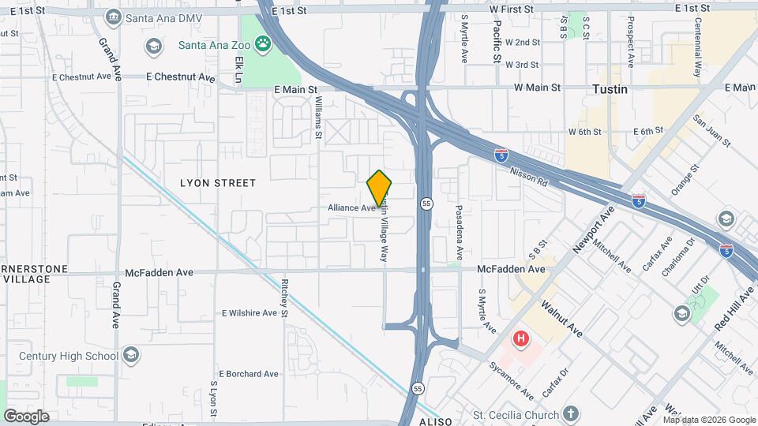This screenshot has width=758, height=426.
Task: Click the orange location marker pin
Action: click(380, 187)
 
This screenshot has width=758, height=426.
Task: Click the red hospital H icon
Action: click(521, 339)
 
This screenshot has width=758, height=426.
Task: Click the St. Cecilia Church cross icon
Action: click(571, 414)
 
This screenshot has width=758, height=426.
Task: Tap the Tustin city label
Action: click(610, 89)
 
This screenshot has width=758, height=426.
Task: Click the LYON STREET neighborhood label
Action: click(218, 183)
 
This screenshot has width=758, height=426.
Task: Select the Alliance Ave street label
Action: click(352, 207)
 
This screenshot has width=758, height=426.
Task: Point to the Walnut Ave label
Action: click(562, 318)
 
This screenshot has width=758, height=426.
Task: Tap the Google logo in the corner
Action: click(26, 417)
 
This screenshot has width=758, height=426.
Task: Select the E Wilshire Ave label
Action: click(250, 313)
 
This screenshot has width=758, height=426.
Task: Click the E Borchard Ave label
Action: click(249, 374)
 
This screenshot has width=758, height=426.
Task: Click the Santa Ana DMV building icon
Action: click(113, 17)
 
